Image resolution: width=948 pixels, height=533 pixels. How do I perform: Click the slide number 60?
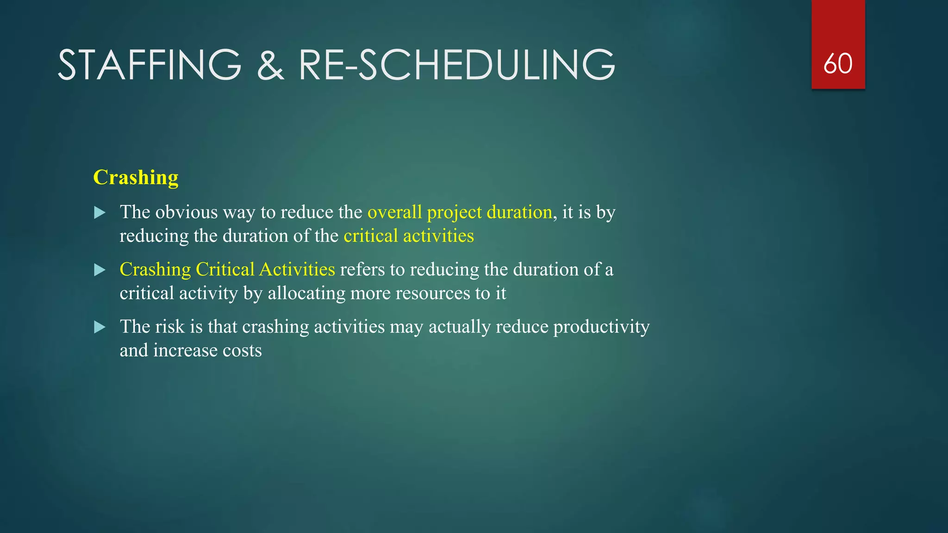coord(838,63)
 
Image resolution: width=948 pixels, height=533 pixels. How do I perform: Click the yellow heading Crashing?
coord(136,177)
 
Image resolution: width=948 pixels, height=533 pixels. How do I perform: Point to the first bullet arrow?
coord(100,213)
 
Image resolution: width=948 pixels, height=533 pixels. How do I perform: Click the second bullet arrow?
coord(100,270)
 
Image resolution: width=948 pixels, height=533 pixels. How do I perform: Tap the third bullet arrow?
coord(100,328)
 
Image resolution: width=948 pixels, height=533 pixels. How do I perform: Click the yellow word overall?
coord(394,212)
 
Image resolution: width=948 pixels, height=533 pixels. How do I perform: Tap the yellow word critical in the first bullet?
coord(370,236)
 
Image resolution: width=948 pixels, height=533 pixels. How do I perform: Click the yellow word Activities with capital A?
coord(297,269)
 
